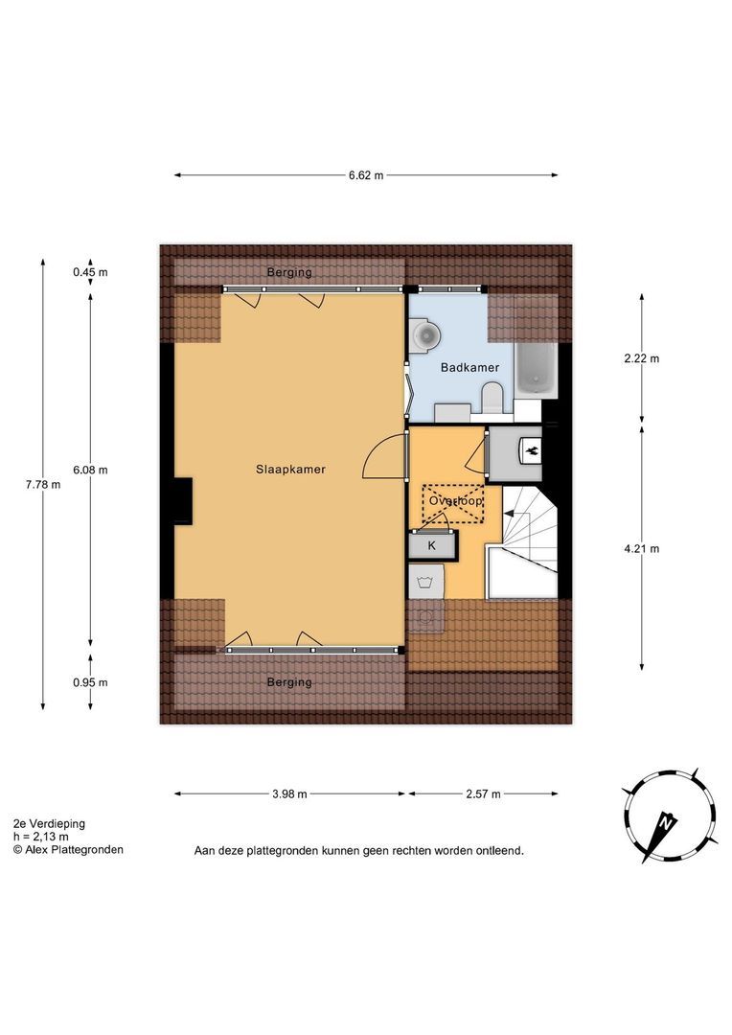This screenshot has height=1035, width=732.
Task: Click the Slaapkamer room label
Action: pos(290,470)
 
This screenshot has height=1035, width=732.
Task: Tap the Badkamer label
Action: pos(470,368)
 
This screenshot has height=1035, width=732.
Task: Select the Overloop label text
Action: pos(456,501)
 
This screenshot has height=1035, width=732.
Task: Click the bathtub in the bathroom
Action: pos(536,371)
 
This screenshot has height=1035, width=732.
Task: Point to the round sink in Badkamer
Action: pos(423,334)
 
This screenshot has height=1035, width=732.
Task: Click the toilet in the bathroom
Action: pos(492,400)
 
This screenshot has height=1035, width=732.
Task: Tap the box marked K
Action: pos(432,545)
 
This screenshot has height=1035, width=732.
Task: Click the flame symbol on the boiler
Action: pos(532,451)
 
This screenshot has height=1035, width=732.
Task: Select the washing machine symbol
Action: pos(425,583)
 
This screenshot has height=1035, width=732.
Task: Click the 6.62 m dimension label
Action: pos(366,175)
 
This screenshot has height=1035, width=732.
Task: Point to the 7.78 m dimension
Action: pos(43,485)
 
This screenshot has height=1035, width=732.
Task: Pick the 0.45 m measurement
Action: pos(90,272)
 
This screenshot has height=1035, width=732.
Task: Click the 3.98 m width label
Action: pos(289,794)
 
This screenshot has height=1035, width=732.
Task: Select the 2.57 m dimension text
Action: pos(483,794)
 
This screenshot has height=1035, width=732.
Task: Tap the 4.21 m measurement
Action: pos(642,548)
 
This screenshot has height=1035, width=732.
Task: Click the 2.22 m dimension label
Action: pos(642,359)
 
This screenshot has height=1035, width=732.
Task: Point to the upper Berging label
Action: pos(289,272)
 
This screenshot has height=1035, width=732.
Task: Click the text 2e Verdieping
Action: pos(49,824)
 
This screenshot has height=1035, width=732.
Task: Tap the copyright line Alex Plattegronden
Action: pos(68,850)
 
